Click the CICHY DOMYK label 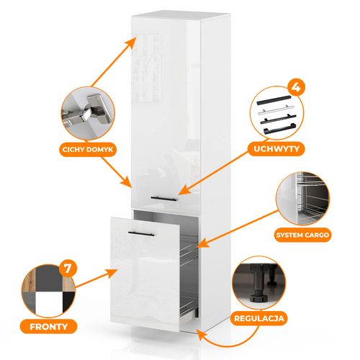click(88, 150)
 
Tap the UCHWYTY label click(276, 149)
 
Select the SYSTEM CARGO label click(302, 235)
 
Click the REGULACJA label click(259, 318)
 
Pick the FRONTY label click(48, 327)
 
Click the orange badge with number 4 click(296, 87)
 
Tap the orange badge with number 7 click(68, 268)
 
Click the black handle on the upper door click(164, 199)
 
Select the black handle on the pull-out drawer click(141, 233)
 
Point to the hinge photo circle click(88, 113)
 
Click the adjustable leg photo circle click(259, 282)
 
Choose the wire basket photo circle click(303, 199)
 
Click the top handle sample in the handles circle click(274, 100)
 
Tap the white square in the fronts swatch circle click(48, 303)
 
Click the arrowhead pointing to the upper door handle click(184, 190)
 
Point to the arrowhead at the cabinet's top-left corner click(132, 42)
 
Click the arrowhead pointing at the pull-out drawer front click(112, 273)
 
